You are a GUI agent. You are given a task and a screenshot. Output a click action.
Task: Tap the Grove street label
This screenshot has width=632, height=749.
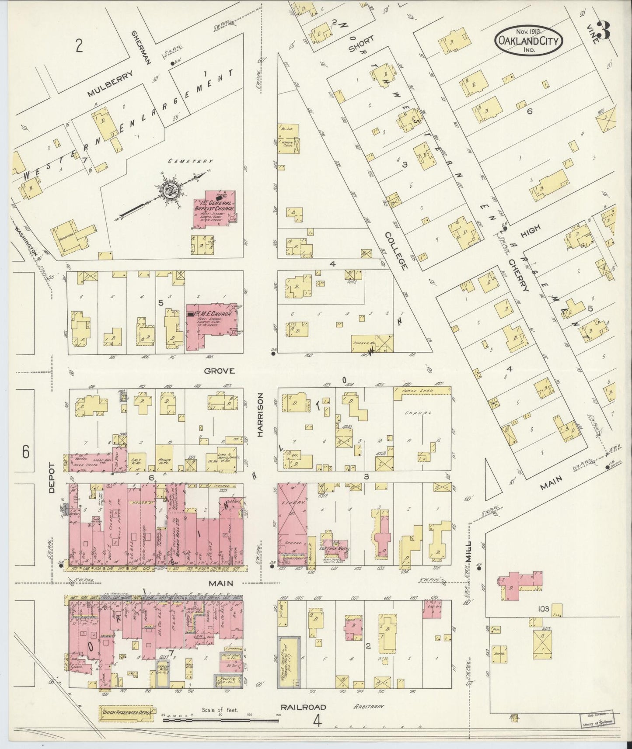click(x=220, y=371)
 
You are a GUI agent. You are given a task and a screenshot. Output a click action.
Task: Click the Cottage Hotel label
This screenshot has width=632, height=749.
click(x=333, y=548)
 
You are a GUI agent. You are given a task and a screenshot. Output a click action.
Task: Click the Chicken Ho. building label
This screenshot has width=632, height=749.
click(x=364, y=343)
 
